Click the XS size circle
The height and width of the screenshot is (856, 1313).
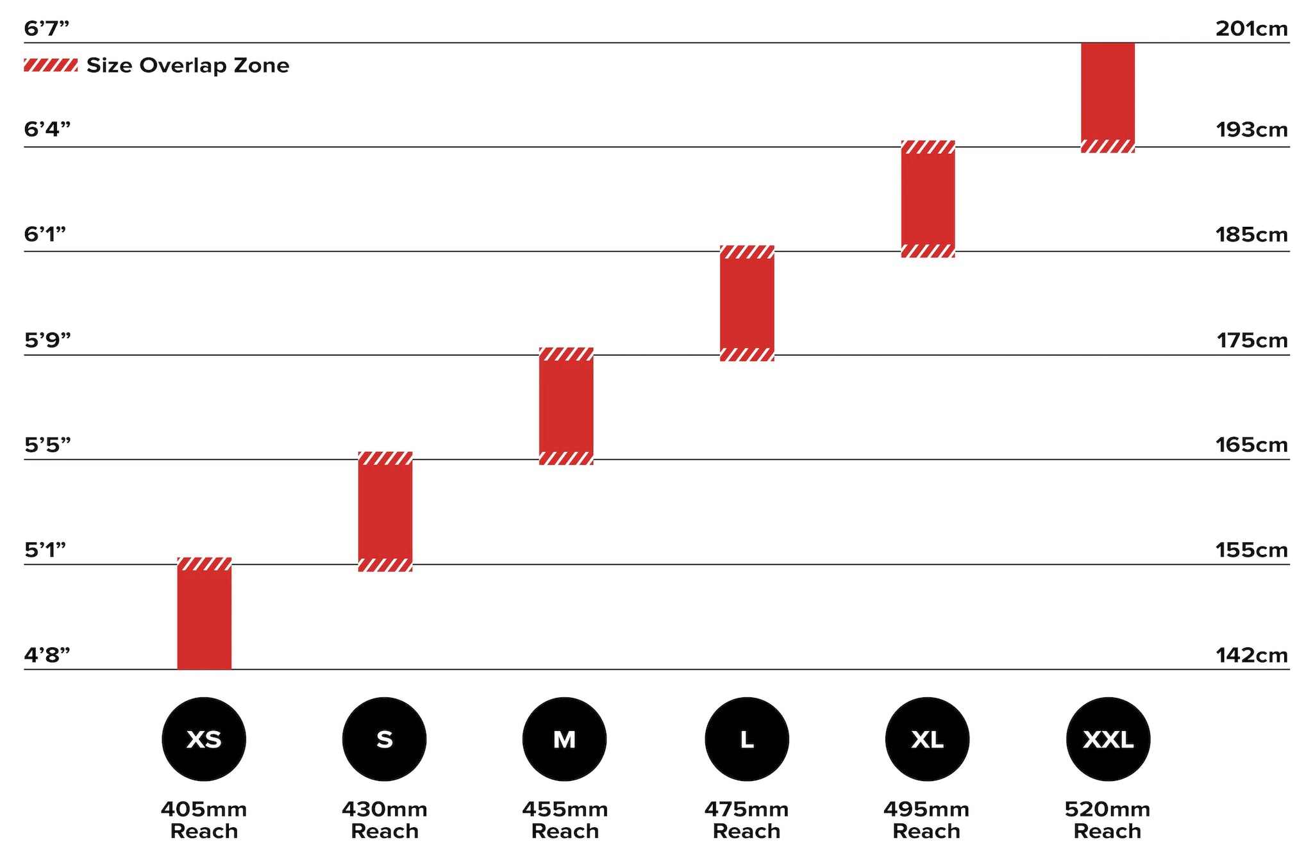(204, 739)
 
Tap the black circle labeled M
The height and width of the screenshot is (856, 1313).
(564, 739)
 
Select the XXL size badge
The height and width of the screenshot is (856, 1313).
(1108, 739)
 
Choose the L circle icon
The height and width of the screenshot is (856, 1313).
(746, 739)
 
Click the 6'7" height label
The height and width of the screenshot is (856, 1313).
(46, 29)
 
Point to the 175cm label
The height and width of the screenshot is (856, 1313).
(1252, 340)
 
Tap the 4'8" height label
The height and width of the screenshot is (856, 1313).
(47, 655)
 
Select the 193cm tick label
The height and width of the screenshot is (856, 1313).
(1252, 130)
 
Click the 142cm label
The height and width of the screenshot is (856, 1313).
(1252, 655)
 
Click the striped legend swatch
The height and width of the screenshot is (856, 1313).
(51, 65)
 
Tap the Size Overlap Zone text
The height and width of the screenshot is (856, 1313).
(188, 65)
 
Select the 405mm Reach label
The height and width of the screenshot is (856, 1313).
(204, 820)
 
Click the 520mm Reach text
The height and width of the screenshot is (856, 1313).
(1107, 820)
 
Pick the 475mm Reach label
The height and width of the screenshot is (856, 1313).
(746, 820)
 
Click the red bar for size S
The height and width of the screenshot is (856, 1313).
(385, 511)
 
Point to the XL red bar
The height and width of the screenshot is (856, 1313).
(928, 199)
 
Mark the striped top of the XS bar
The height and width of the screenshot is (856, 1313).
(204, 564)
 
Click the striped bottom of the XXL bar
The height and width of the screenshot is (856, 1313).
(1108, 146)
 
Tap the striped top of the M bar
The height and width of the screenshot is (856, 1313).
(565, 354)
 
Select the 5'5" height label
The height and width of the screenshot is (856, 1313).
(47, 445)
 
